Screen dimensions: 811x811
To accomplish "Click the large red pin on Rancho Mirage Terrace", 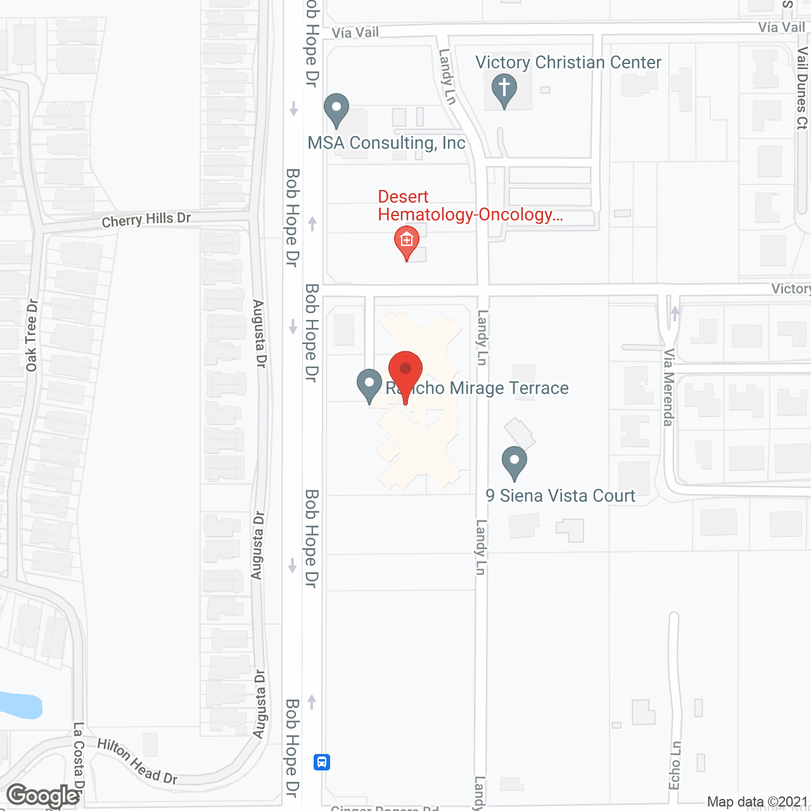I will point(405,371).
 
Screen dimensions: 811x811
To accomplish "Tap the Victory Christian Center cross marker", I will point(504,89).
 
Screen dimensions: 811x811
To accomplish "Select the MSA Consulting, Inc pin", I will point(336,109).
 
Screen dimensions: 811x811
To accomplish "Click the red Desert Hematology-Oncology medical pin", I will point(407,241).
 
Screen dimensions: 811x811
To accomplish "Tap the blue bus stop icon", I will point(322,762).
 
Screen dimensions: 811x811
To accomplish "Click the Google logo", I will point(43,796).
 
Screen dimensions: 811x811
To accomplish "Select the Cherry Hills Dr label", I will point(146,219).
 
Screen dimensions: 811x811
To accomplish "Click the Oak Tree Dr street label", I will point(32,335).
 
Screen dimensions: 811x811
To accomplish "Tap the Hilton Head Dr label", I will point(137,762).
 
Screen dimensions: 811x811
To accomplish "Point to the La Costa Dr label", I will point(79,757).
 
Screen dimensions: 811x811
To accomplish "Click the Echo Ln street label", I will point(676,765).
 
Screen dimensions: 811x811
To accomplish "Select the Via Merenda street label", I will point(668,387).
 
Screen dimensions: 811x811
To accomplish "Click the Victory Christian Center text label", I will point(568,62).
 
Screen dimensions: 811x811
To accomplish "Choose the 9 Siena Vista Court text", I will point(560,495).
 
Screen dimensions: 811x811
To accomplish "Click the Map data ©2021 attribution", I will point(757,802).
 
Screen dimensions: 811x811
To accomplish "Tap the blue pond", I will point(19,705).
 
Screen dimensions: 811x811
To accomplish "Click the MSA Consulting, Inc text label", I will point(386,143).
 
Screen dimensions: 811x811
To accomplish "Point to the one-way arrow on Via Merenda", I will point(675,313).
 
